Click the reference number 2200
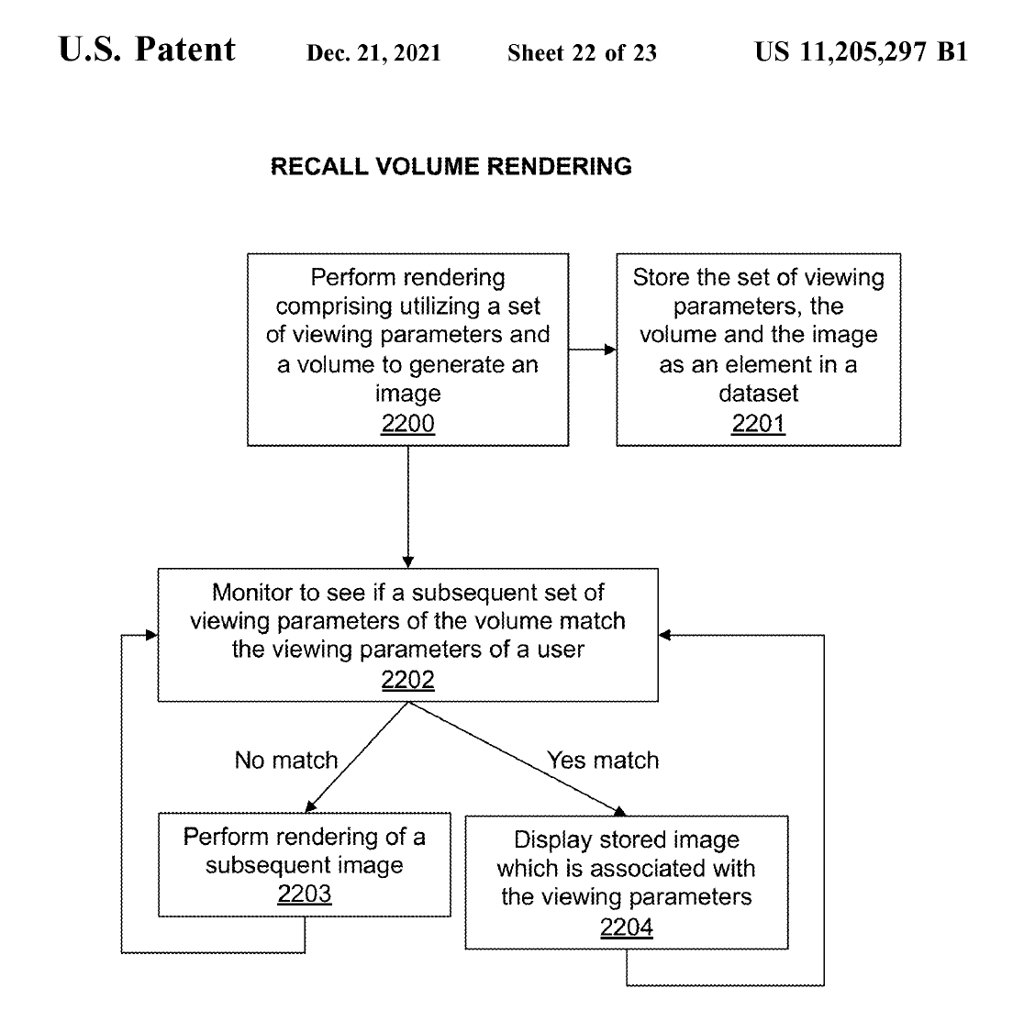click(408, 423)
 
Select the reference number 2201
click(758, 423)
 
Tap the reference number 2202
click(408, 679)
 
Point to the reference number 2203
click(305, 894)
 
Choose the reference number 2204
click(626, 927)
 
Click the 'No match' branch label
click(286, 761)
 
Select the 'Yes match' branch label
click(603, 761)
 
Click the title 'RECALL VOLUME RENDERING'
click(451, 166)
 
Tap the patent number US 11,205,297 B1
click(861, 51)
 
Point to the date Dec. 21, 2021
click(373, 52)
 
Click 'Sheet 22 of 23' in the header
click(582, 52)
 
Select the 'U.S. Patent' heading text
click(147, 49)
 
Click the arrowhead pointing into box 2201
click(610, 350)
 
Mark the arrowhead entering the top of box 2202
click(408, 562)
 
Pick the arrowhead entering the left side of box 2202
click(151, 635)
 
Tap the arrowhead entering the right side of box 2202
click(665, 635)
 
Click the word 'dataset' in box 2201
click(758, 394)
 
